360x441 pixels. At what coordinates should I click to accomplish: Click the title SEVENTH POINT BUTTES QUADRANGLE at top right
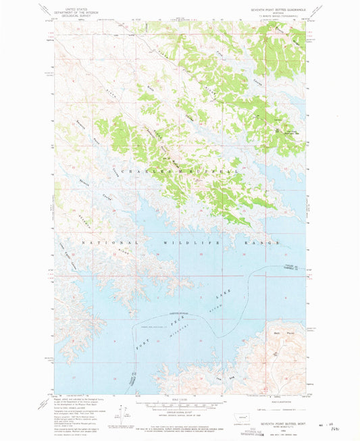pos(274,8)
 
